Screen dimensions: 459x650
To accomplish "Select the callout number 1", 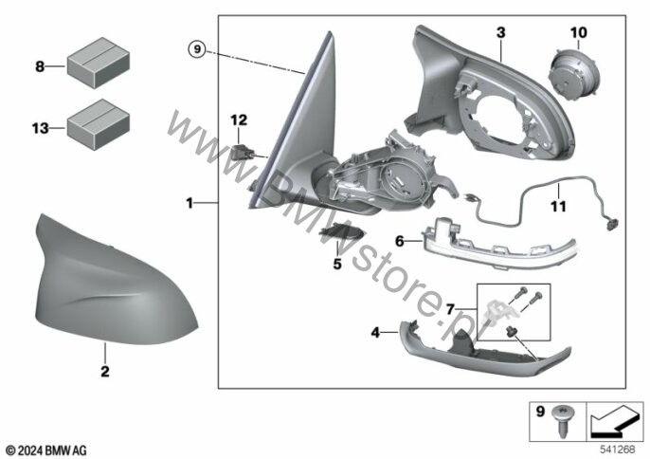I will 190,202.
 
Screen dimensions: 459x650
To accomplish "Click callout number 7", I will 40,66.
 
